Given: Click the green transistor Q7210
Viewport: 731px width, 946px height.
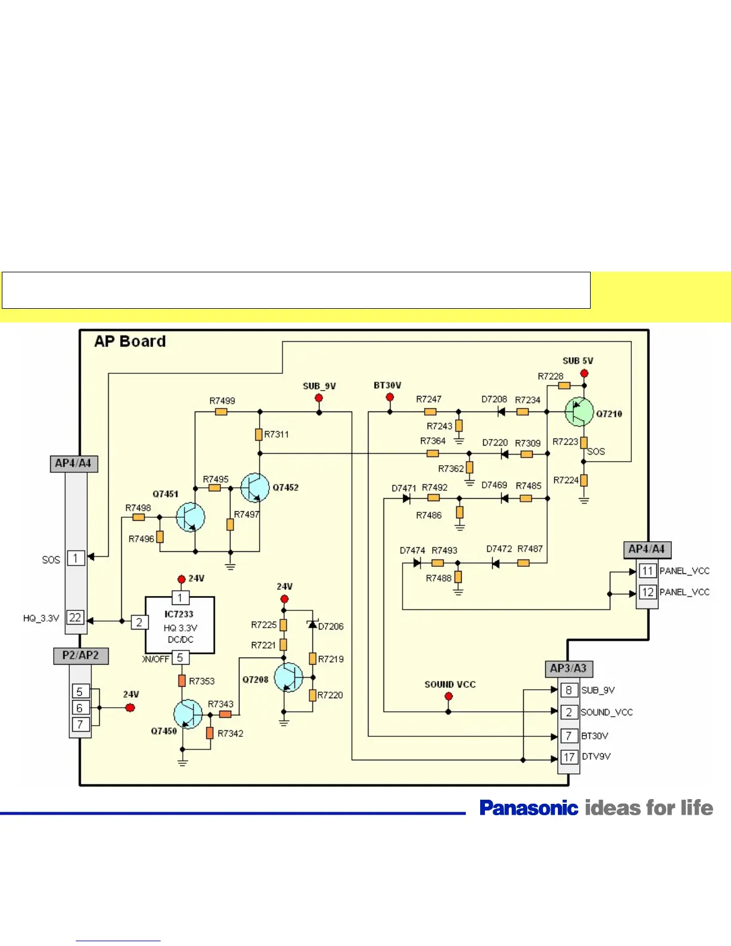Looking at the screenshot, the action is (x=579, y=412).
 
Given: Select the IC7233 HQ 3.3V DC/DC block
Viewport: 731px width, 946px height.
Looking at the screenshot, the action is (x=179, y=625).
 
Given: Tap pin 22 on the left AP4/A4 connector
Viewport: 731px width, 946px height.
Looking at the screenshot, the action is (x=75, y=618).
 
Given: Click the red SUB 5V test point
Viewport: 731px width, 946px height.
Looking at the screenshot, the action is (x=584, y=373).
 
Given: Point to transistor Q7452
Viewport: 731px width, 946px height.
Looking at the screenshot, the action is (x=254, y=487).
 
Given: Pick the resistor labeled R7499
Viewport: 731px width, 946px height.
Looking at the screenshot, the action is (x=221, y=412).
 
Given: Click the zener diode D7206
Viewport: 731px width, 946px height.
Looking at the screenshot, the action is (x=312, y=625).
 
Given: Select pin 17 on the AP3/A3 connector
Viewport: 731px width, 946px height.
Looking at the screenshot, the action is (x=569, y=757).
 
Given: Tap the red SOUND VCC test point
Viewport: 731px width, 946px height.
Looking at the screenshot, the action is (x=449, y=696).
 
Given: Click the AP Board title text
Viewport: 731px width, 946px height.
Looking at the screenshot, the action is (x=130, y=341).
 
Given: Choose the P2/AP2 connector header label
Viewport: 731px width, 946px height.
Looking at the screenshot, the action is (x=81, y=656).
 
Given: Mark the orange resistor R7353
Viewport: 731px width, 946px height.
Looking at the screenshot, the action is (x=182, y=680).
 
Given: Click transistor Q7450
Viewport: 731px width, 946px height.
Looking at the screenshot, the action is (x=188, y=714).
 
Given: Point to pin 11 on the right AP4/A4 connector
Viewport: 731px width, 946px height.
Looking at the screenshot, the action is (x=647, y=571).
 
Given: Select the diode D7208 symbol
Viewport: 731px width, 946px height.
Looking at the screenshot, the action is (x=501, y=412).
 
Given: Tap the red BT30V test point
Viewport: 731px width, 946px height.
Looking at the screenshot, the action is (x=389, y=397).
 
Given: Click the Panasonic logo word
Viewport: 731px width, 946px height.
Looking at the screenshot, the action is (x=529, y=808).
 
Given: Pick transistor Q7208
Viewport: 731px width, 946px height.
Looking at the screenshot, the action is (x=288, y=677).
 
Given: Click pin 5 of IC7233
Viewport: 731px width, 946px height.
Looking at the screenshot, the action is (x=180, y=658).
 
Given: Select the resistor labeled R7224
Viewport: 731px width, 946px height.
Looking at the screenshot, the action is (x=584, y=480).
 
